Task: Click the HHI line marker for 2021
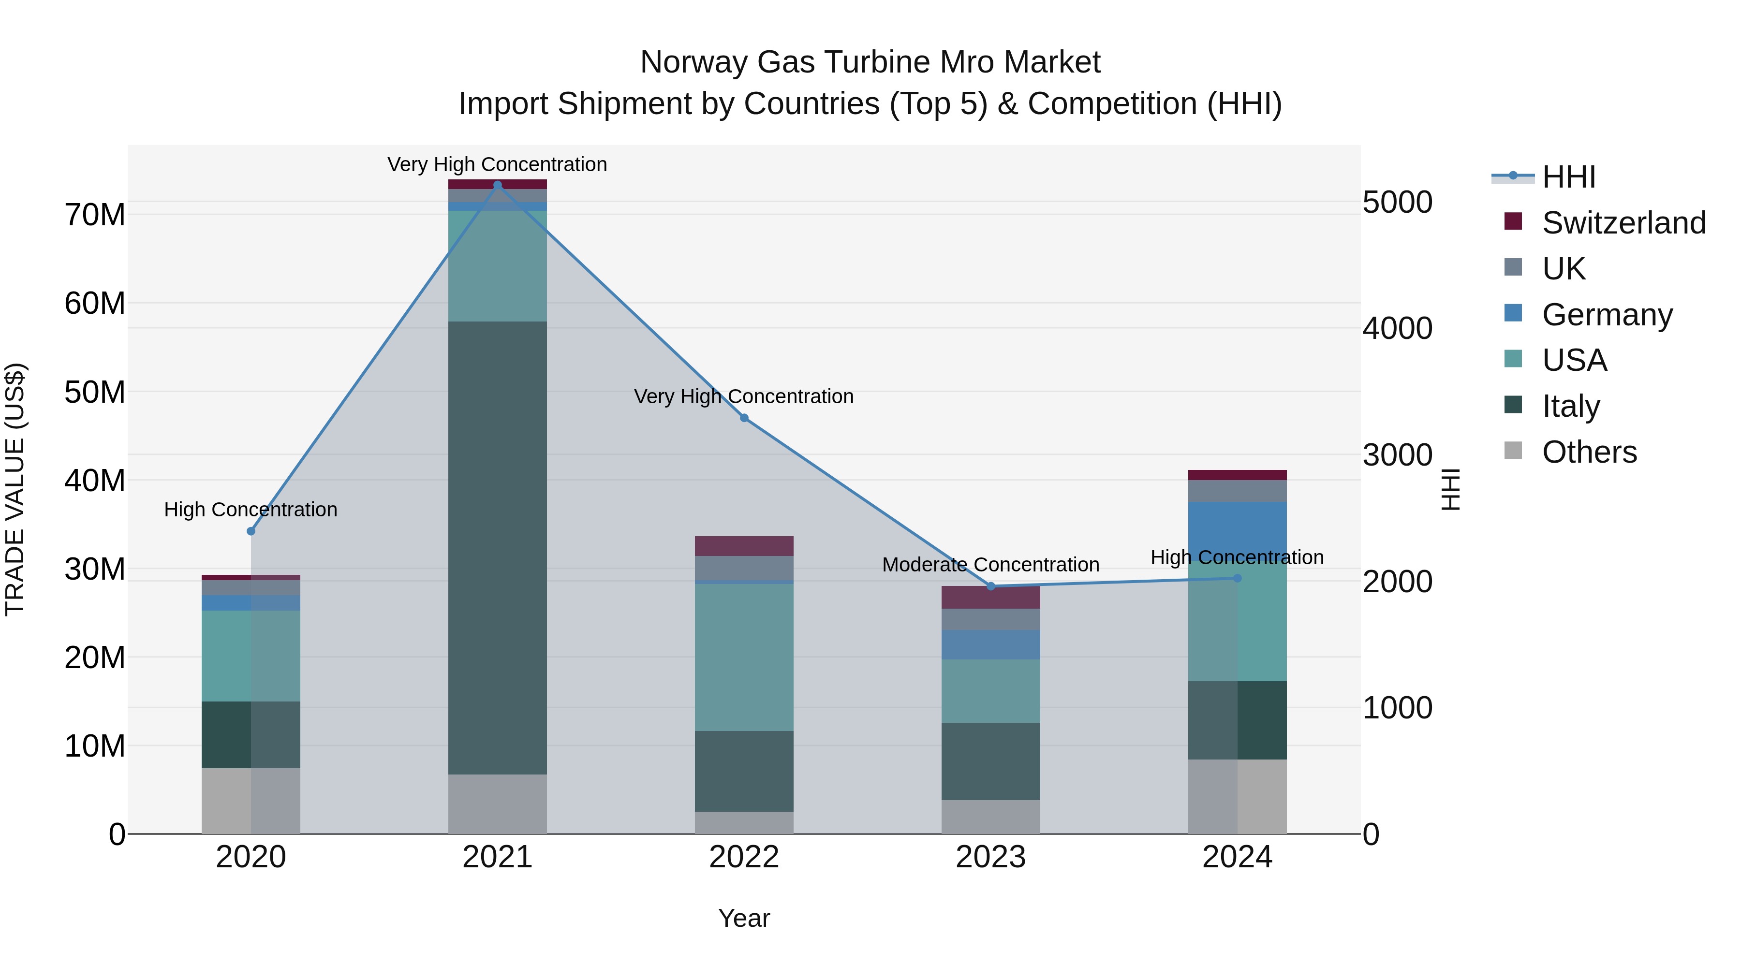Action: coord(498,185)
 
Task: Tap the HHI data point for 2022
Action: coord(744,418)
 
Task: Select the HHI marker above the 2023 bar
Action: coord(991,586)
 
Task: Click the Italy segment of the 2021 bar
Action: coord(498,547)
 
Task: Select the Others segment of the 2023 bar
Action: coord(991,817)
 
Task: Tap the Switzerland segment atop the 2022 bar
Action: coord(744,546)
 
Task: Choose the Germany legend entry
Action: coord(1607,315)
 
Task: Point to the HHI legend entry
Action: coord(1568,177)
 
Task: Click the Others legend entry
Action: coord(1588,452)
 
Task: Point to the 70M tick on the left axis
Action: coord(95,215)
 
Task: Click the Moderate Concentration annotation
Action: coord(991,565)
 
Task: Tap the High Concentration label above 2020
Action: coord(251,510)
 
